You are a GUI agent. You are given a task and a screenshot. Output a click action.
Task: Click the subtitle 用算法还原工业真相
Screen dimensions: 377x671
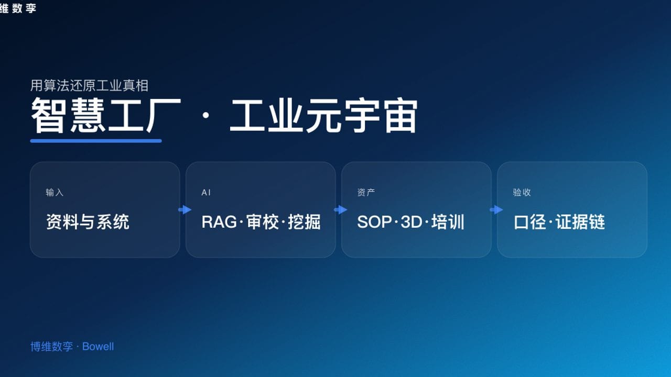[x=90, y=85]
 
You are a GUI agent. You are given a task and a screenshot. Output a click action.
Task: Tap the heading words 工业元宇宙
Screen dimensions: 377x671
[x=323, y=116]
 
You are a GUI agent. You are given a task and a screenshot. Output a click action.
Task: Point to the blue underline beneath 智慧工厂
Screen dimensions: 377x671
[x=96, y=140]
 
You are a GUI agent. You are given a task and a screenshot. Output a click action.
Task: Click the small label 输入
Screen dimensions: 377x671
[x=55, y=193]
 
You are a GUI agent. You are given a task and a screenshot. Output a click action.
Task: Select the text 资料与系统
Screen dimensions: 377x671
[x=88, y=222]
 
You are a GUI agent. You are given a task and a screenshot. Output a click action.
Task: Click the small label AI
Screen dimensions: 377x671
[x=206, y=193]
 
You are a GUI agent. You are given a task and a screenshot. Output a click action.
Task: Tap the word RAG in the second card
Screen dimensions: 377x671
[x=219, y=222]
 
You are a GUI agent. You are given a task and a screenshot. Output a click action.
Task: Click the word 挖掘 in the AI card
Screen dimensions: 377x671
[x=305, y=222]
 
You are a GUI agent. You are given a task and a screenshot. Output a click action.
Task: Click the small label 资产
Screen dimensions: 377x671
[x=366, y=193]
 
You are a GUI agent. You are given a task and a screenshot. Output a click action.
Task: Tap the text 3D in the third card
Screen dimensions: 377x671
[x=411, y=222]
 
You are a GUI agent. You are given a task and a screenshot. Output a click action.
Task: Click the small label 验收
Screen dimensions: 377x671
[x=522, y=193]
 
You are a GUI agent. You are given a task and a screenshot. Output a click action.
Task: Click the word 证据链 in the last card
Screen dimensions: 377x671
[x=580, y=222]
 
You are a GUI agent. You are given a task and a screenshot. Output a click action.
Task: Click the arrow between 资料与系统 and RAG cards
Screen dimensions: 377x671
[x=185, y=210]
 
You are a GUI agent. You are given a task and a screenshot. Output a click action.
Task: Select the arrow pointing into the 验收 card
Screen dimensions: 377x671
[x=496, y=210]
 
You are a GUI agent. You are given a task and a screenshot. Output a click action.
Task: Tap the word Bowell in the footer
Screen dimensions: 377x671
[x=98, y=347]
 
